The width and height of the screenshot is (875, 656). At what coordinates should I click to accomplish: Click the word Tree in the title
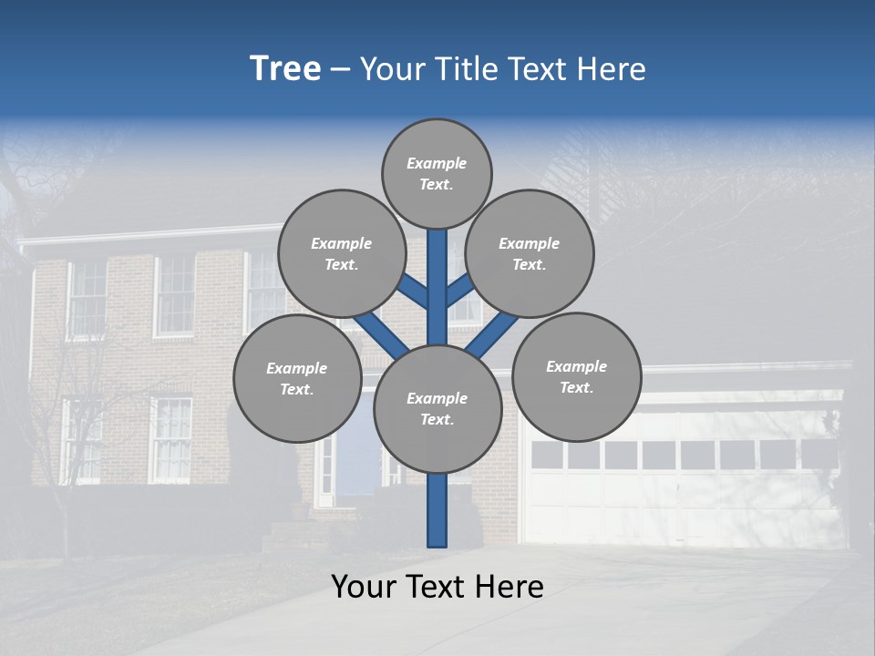point(285,69)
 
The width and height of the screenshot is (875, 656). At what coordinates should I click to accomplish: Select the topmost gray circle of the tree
point(437,173)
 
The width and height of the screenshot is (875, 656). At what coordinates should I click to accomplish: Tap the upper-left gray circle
point(342,253)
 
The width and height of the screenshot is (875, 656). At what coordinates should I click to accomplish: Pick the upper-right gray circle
point(530,253)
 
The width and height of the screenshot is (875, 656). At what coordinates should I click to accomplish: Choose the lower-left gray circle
point(297,378)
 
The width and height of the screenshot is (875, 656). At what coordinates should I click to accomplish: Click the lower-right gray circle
point(576,376)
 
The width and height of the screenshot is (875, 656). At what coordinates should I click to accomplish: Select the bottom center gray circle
point(437,408)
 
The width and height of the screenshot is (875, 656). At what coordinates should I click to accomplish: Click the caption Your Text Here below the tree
point(437,587)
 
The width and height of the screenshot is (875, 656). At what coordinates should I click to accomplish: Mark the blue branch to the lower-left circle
point(381,334)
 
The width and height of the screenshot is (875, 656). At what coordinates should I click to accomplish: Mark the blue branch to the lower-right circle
point(492,334)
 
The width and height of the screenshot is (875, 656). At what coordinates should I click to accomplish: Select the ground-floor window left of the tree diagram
point(171,439)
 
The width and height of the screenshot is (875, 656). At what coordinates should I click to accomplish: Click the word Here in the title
point(612,69)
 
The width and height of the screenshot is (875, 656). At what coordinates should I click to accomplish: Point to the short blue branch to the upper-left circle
point(412,291)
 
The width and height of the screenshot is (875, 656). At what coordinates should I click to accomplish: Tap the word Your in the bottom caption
point(364,587)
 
